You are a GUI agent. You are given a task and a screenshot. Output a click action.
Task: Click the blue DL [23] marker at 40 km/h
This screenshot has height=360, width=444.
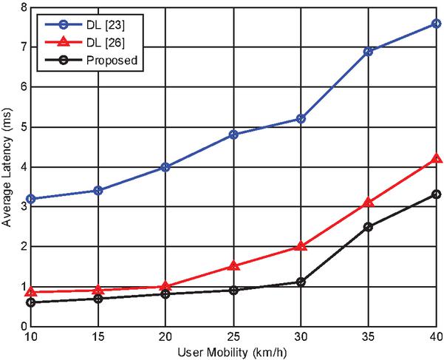pos(437,24)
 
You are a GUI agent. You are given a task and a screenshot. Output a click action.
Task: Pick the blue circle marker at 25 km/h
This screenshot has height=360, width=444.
pos(233,135)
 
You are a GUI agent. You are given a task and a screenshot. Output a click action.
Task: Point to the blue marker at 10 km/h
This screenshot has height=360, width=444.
pos(30,199)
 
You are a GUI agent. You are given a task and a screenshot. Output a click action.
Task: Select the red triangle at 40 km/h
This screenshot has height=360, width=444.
pos(437,158)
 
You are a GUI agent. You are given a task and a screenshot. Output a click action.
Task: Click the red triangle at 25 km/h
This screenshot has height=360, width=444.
pos(233,265)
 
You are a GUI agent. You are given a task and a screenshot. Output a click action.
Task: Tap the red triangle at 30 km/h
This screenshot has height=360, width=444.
pos(301,245)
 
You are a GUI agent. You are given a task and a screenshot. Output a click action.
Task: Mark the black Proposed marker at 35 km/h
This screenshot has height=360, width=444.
pos(369,227)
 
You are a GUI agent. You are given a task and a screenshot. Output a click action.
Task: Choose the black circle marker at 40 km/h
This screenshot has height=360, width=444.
pos(437,194)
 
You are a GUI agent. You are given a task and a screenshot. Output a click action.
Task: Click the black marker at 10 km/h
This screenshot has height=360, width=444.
pos(30,302)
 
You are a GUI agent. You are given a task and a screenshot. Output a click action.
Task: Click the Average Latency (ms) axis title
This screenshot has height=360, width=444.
pos(7,167)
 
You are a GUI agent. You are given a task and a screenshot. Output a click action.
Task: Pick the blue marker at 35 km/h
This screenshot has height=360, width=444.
pos(369,52)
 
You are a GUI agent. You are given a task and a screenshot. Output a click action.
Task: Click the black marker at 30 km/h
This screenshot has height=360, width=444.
pos(301,282)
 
